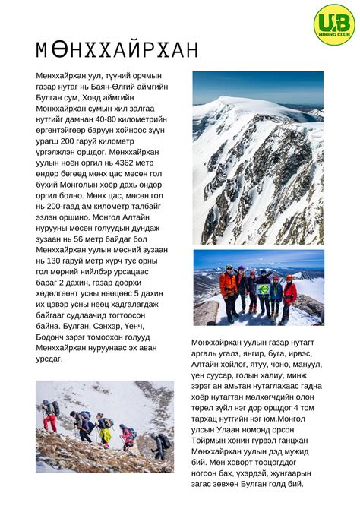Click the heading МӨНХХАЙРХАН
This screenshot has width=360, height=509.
(117, 50)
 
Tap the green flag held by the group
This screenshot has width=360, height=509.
(264, 289)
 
